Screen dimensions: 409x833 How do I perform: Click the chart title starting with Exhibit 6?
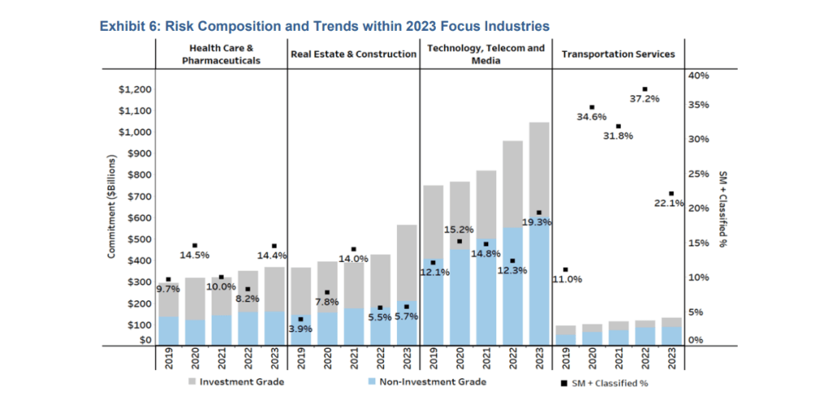point(324,26)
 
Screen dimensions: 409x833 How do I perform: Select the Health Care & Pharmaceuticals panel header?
point(221,54)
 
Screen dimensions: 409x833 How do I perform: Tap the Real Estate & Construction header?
point(353,54)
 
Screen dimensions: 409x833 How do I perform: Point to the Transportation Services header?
point(618,54)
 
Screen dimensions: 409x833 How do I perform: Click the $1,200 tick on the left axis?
point(135,89)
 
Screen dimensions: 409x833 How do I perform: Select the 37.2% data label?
point(644,98)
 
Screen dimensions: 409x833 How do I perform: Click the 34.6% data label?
point(591,117)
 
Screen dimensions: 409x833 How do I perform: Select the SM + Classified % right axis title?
point(722,209)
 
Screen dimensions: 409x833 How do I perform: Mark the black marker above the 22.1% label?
point(671,194)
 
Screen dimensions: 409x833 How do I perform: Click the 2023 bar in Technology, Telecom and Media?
point(539,236)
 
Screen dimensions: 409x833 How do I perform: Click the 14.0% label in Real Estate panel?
point(353,259)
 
